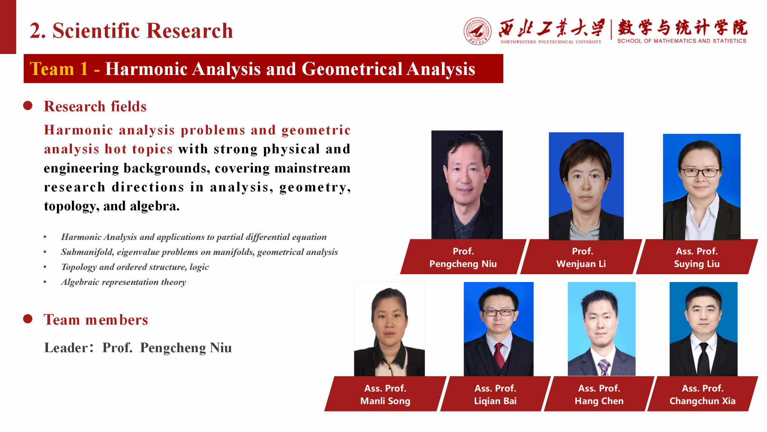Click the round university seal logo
478,31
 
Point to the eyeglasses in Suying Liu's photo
701,172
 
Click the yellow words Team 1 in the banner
59,69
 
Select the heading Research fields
95,106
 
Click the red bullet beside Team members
28,319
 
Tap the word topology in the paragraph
70,206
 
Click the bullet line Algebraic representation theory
124,282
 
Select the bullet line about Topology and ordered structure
135,267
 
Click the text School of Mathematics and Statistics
682,41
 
